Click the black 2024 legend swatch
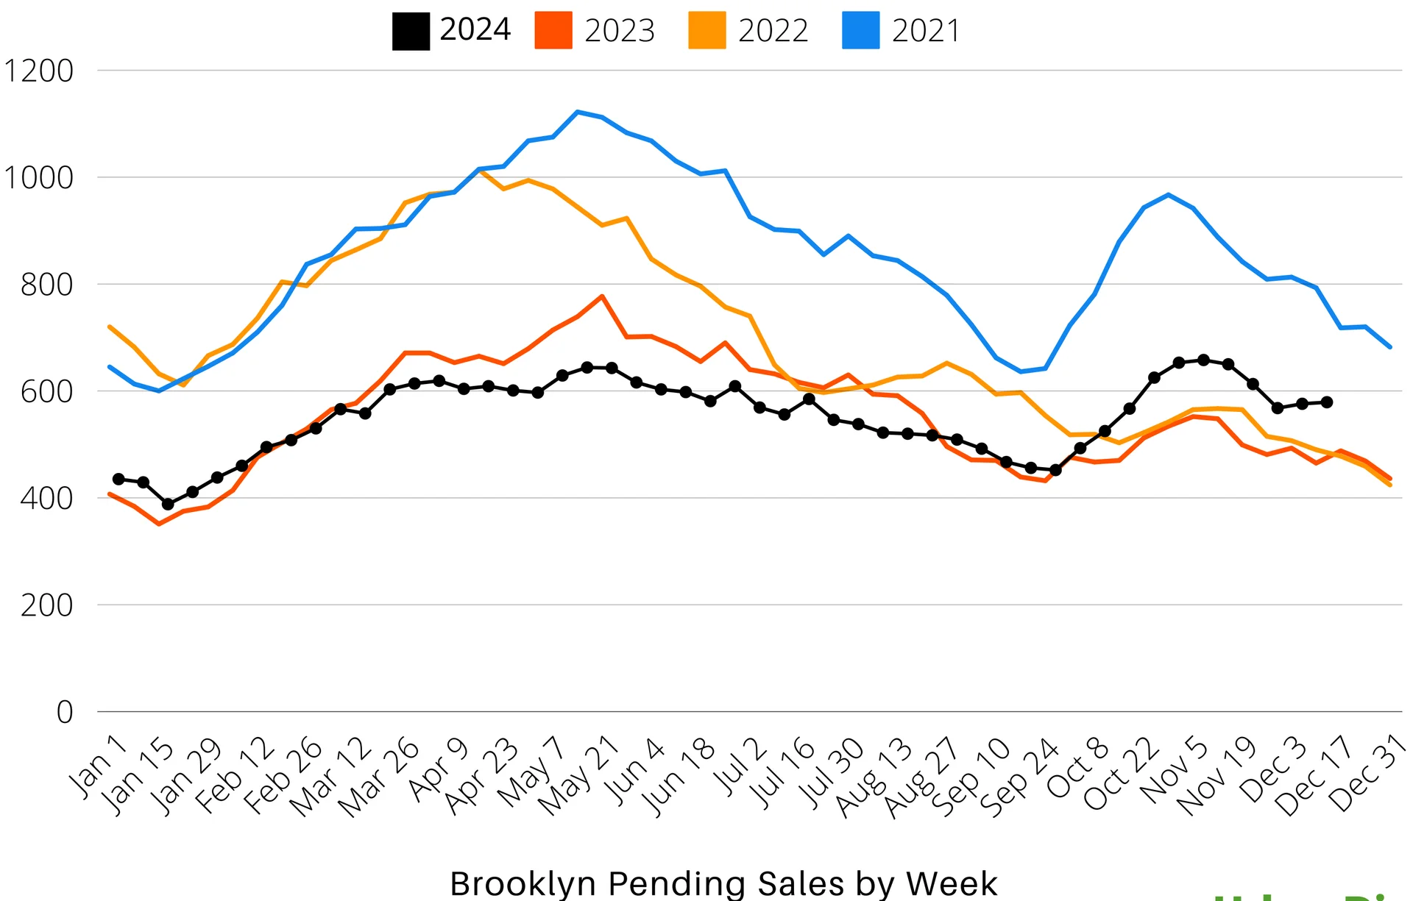pyautogui.click(x=411, y=31)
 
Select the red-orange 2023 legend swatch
pyautogui.click(x=553, y=31)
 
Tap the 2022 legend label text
pyautogui.click(x=773, y=31)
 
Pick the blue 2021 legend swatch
pyautogui.click(x=860, y=31)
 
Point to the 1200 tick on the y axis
pyautogui.click(x=39, y=71)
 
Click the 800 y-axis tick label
pyautogui.click(x=47, y=285)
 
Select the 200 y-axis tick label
pyautogui.click(x=47, y=606)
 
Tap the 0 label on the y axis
pyautogui.click(x=65, y=713)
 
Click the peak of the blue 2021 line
pyautogui.click(x=578, y=112)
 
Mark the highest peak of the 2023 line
pyautogui.click(x=602, y=296)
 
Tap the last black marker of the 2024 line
pyautogui.click(x=1327, y=402)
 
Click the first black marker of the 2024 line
pyautogui.click(x=118, y=479)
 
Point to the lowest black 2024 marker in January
pyautogui.click(x=168, y=504)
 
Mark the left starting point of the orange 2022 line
pyautogui.click(x=110, y=327)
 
